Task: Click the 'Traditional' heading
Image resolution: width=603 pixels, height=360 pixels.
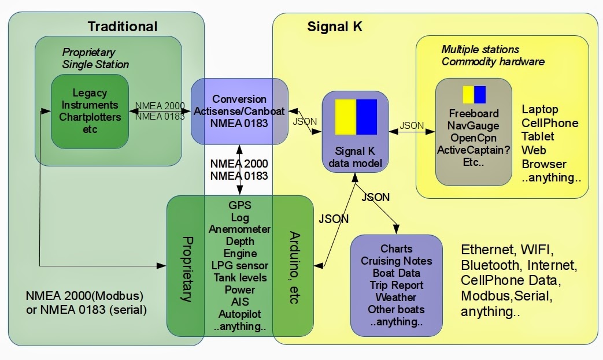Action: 122,27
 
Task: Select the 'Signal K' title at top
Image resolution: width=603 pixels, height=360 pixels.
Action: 335,27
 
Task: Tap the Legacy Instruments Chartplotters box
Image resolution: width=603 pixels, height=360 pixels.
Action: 90,111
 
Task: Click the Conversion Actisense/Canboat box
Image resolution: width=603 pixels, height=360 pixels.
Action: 239,111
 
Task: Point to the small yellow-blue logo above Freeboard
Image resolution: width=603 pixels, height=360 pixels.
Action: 474,95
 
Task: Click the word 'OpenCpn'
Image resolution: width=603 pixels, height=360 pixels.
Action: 473,138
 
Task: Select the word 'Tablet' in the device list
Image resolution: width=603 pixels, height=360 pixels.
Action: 538,136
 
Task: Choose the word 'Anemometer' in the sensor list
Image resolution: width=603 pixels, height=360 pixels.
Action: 239,229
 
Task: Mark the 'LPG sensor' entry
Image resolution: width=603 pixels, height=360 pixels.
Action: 239,265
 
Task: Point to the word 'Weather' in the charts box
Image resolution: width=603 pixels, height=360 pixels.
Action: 396,297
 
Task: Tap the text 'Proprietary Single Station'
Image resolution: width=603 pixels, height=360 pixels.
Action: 95,58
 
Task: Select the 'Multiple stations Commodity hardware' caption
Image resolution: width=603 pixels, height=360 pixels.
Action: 493,55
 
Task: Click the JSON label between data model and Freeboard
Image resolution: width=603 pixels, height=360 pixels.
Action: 412,125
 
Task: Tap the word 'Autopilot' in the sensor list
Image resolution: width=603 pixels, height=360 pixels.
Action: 239,314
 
